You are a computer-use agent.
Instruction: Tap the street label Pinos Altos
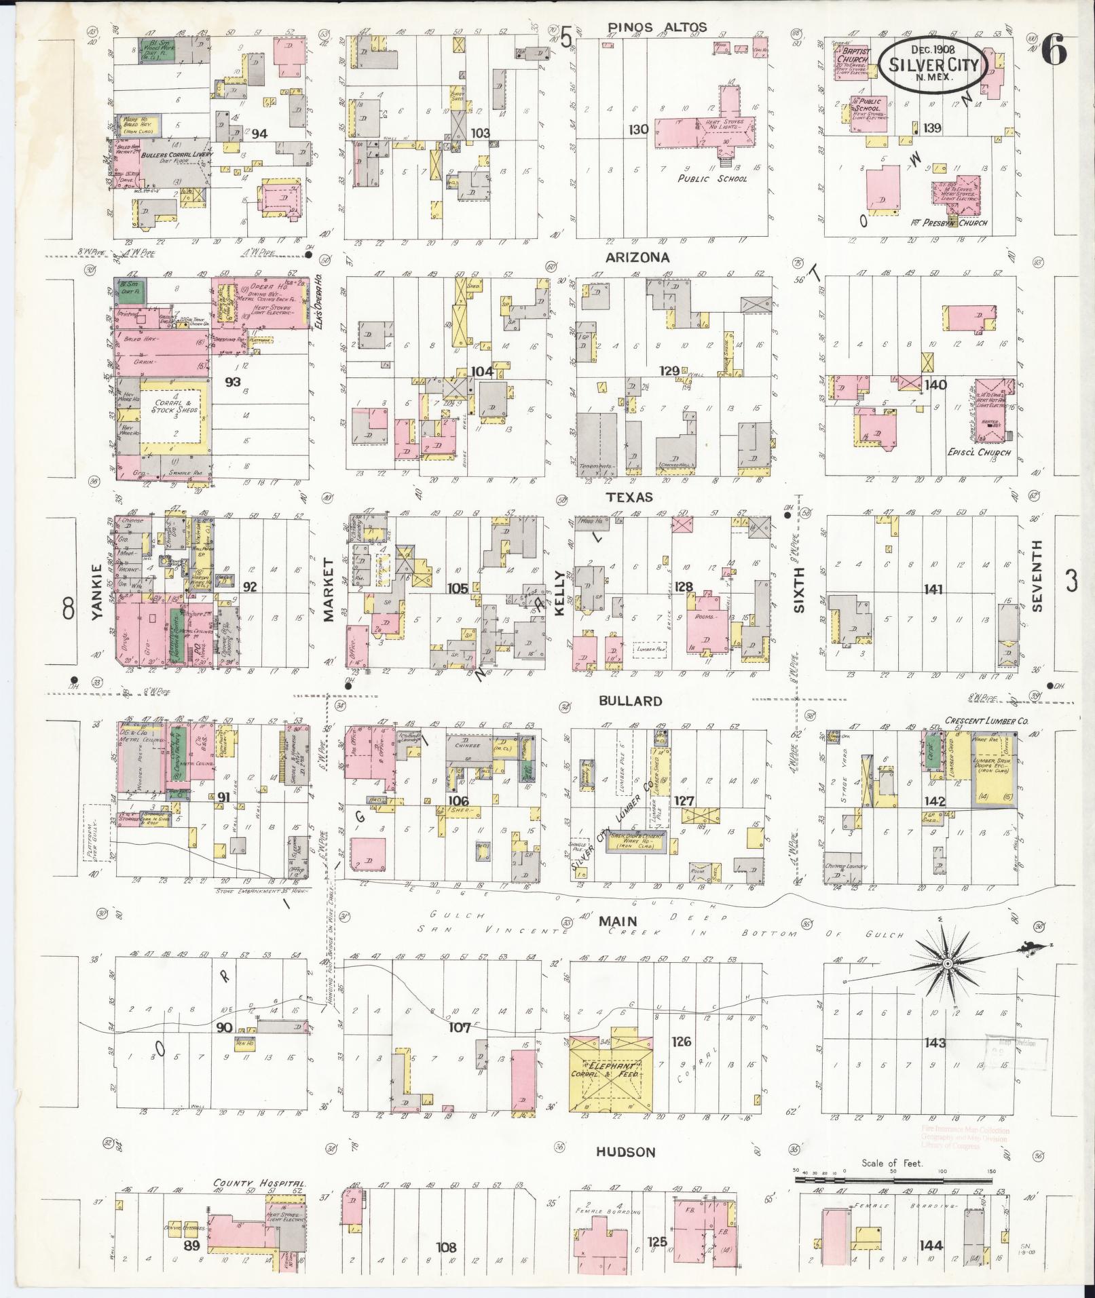657,28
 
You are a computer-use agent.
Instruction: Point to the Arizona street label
638,258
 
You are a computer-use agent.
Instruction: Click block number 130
638,129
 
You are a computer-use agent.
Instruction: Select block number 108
446,1247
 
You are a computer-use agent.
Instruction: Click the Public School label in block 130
712,178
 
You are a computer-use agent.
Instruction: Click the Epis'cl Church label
979,453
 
